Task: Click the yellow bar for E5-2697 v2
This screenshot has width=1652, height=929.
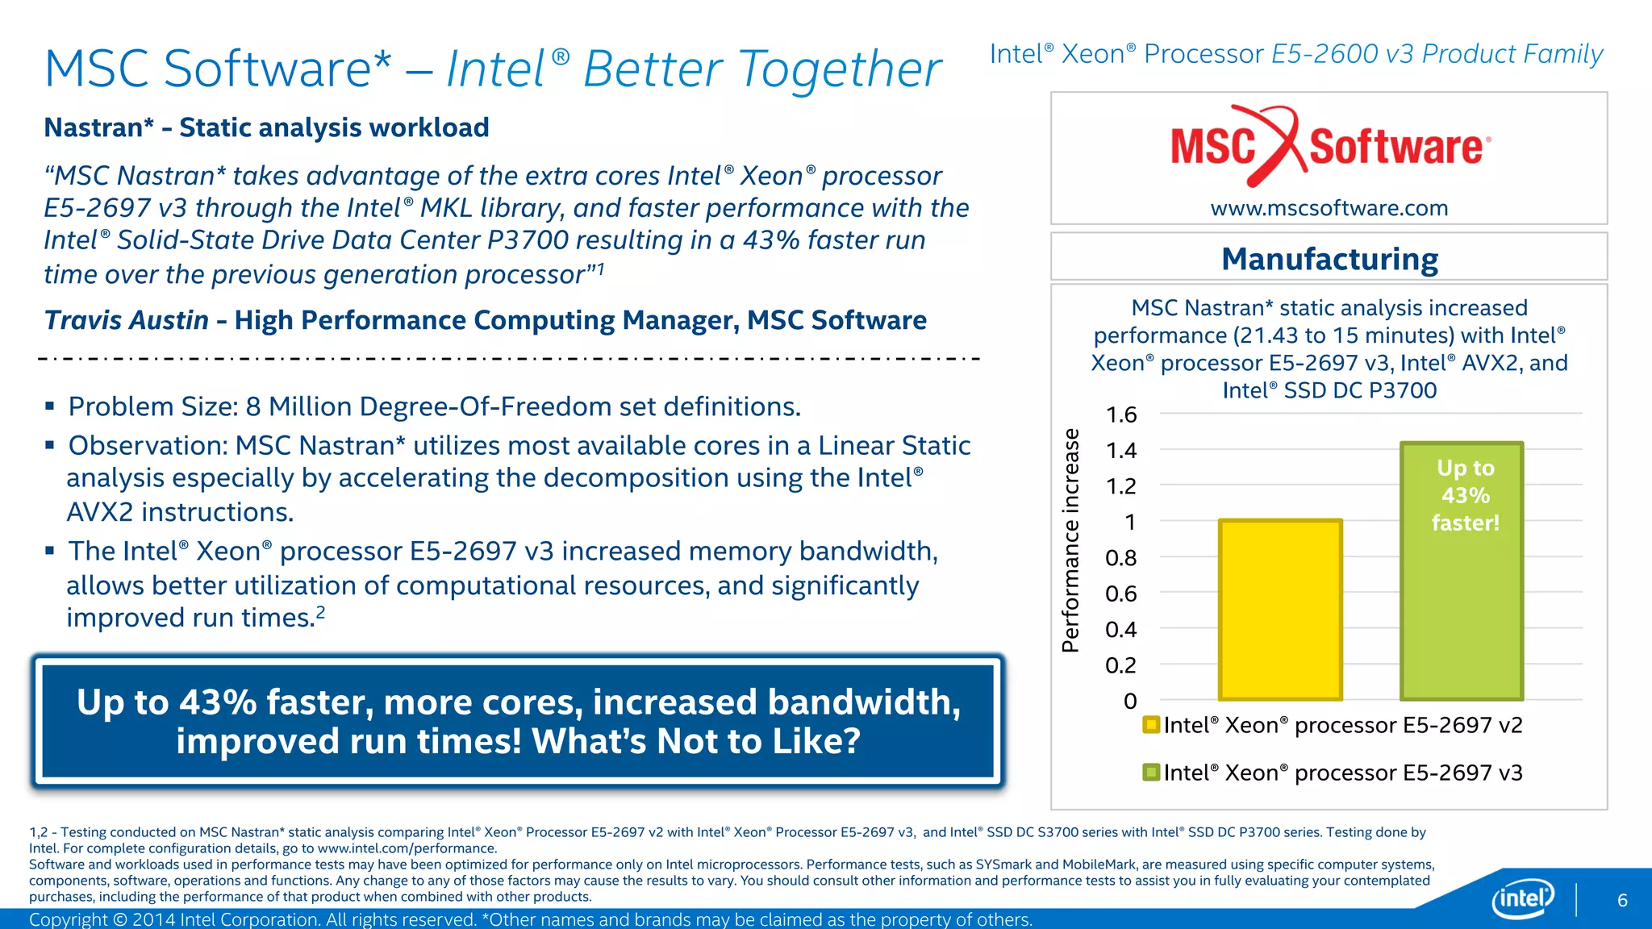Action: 1280,610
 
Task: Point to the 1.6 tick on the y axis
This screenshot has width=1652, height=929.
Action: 1121,415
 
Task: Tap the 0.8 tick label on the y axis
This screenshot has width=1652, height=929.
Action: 1121,558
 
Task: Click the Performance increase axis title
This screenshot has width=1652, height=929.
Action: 1070,540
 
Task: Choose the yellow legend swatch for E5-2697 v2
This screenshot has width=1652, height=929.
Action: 1151,724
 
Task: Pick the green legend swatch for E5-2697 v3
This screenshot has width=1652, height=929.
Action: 1151,772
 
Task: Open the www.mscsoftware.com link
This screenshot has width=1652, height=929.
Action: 1329,208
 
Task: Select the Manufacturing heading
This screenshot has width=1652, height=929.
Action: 1329,259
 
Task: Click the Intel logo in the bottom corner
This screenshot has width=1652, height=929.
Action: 1523,898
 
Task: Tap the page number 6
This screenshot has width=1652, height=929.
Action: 1622,900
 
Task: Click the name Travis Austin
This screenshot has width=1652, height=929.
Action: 127,320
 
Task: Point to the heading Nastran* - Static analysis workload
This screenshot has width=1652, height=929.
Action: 266,127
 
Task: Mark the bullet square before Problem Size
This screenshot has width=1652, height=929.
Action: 50,406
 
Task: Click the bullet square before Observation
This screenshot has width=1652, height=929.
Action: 50,444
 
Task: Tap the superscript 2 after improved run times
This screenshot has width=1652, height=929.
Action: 320,611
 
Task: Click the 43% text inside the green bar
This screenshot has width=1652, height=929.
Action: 1465,495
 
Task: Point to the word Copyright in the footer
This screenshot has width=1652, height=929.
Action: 68,919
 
